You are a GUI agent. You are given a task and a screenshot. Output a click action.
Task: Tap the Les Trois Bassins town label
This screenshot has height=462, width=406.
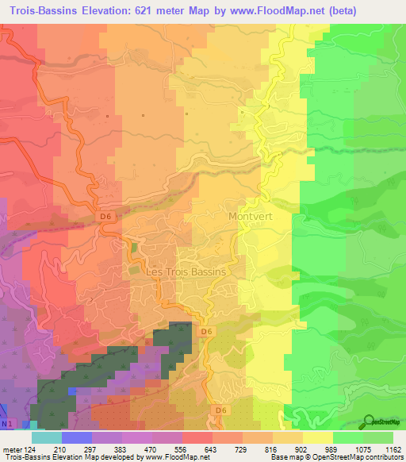[187, 271]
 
